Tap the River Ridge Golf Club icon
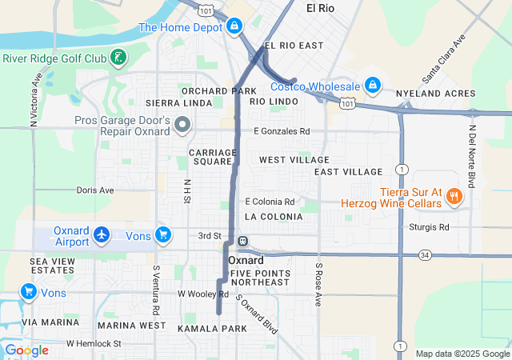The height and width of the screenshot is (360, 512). pos(118,58)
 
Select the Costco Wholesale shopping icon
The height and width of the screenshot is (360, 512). pos(372,84)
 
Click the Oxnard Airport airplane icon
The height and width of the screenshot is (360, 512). pos(102,234)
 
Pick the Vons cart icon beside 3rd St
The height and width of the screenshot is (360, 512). pos(163,234)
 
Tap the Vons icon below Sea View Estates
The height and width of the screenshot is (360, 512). pos(28,292)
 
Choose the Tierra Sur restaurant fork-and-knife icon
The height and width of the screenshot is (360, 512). pos(454,196)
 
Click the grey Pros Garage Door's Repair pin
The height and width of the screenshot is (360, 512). pos(182,125)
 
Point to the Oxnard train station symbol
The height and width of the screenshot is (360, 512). pos(241,242)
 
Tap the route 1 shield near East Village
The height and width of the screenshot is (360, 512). pos(401,170)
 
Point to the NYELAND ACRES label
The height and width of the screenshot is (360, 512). pos(435,94)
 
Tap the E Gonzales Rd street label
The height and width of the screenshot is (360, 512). pos(281,131)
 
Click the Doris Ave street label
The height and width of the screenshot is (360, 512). pos(95,190)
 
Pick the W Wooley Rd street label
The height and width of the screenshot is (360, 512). pos(203,294)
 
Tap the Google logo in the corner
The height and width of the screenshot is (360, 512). pos(27,350)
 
